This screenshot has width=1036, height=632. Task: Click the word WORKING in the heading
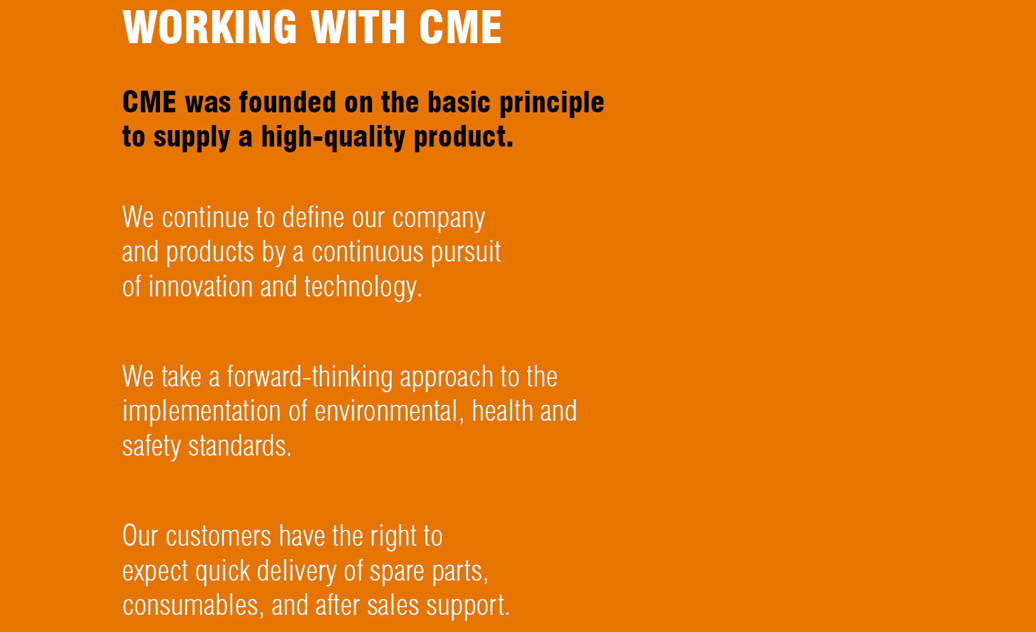[x=209, y=27]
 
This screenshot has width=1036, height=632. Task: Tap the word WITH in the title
[x=358, y=27]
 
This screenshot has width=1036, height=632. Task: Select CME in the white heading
[x=461, y=27]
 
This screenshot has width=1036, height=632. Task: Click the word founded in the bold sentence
[x=287, y=102]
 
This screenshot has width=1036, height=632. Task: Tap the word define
[x=313, y=217]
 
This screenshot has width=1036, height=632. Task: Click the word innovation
[x=200, y=287]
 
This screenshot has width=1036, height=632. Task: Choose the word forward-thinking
[x=309, y=376]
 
